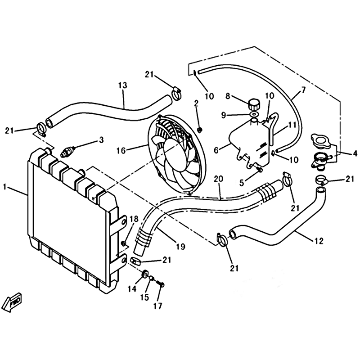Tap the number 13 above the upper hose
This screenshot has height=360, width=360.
122,85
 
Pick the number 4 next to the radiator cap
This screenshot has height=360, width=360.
355,154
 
